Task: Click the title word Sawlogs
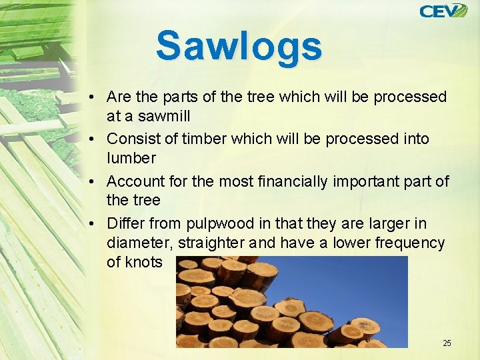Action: [x=239, y=46]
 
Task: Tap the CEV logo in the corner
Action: [x=443, y=11]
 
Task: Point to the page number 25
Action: [x=447, y=343]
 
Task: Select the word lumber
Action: [x=131, y=158]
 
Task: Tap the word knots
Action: [x=143, y=262]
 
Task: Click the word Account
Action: [x=135, y=181]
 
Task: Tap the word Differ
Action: [x=125, y=223]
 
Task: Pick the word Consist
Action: [x=131, y=139]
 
